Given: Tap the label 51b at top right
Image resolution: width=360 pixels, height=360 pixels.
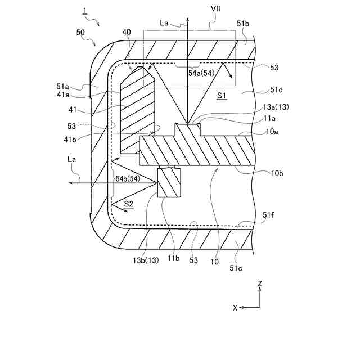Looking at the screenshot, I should coord(243,24).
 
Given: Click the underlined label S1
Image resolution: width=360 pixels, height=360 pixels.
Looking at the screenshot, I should coord(221,96).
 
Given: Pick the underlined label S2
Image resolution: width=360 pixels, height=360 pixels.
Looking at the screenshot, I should coord(128,204).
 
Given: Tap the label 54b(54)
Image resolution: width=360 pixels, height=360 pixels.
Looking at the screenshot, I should coord(127,179).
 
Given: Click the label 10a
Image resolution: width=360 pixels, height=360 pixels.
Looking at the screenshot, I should coord(272,132).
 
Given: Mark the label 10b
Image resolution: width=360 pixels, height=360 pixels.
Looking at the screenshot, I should coord(277,173).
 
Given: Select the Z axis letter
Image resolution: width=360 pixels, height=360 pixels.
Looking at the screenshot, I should coord(260,285).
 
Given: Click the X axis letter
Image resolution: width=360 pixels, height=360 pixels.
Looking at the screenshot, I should coord(235,308).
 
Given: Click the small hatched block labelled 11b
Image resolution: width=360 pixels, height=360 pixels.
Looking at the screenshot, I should coord(169,183).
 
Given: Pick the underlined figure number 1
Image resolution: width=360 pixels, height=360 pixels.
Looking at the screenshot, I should coord(85,11).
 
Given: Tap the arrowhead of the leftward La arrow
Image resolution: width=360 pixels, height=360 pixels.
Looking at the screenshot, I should coord(68,183).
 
